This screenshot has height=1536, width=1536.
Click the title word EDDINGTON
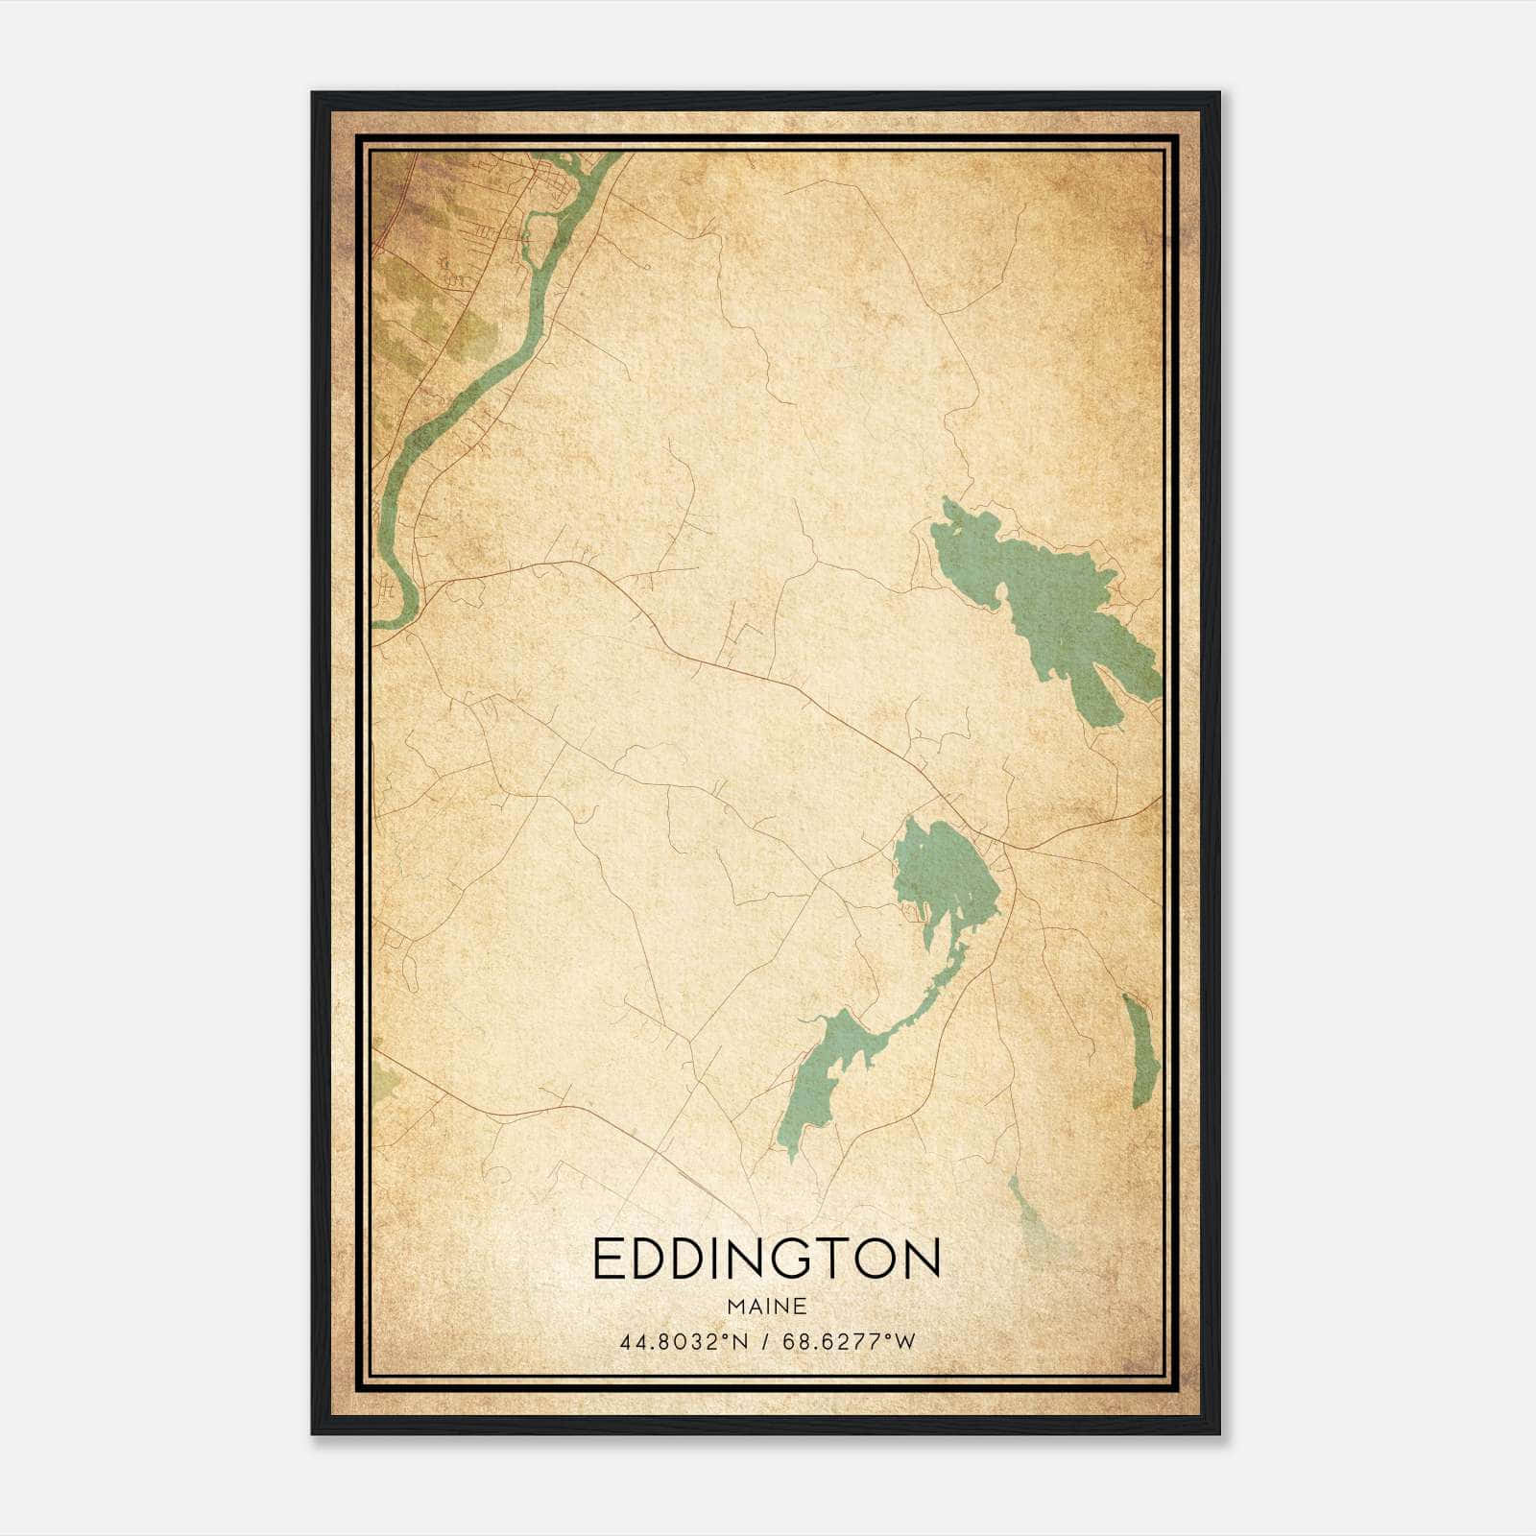(766, 1259)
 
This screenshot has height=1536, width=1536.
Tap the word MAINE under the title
(766, 1307)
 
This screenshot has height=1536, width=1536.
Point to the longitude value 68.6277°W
(849, 1342)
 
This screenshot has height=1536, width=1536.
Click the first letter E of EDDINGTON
(610, 1259)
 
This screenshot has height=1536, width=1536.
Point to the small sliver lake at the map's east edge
(1140, 1051)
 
